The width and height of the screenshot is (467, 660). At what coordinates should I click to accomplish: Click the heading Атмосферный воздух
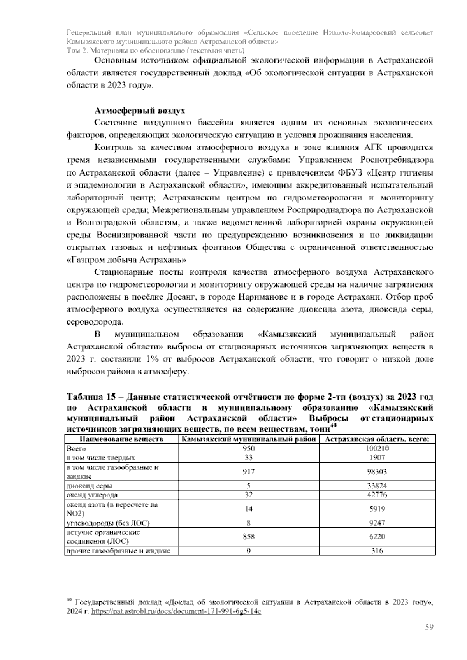tap(140, 111)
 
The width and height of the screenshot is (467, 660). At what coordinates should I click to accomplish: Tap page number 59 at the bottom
tap(429, 627)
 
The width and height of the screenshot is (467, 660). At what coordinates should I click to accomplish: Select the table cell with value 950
tap(249, 448)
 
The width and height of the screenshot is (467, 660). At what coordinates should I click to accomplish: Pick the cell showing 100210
tap(377, 448)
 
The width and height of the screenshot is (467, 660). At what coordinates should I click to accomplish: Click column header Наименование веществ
tap(121, 439)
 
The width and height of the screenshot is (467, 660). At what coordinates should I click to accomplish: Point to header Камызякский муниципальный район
tap(249, 439)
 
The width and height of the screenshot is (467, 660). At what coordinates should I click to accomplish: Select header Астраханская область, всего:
tap(377, 439)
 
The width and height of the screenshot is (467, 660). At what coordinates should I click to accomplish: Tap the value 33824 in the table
tap(377, 486)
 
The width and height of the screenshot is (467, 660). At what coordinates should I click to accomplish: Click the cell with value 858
tap(249, 537)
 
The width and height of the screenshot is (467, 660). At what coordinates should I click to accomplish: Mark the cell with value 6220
tap(377, 537)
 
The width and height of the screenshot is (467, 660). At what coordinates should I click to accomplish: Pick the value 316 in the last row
tap(377, 551)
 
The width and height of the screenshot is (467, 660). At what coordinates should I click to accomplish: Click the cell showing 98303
tap(377, 472)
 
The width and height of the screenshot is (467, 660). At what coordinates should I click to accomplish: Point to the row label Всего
tap(77, 448)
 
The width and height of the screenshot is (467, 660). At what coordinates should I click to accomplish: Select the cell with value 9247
tap(377, 523)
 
